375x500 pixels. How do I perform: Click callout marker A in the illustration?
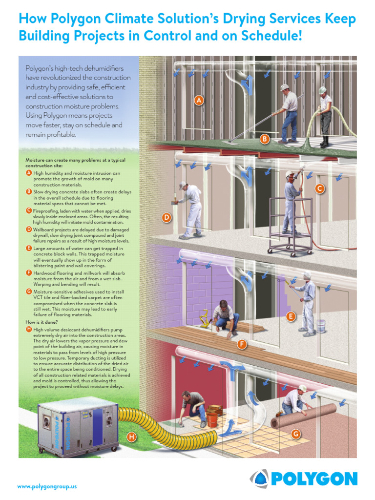pos(198,101)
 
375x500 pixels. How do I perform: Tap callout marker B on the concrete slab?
pos(264,139)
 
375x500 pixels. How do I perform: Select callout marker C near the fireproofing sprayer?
pos(319,188)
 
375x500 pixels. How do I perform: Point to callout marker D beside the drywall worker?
pos(167,218)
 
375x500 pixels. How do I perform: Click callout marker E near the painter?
pos(291,316)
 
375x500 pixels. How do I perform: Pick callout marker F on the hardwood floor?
pos(241,345)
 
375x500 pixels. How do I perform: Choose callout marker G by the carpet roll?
pos(295,434)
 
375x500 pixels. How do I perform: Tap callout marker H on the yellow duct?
pos(131,437)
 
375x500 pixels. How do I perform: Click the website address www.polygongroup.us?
pos(47,486)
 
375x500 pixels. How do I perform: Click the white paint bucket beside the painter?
pos(320,326)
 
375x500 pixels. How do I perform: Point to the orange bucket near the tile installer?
pos(211,419)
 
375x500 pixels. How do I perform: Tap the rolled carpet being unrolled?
pos(305,415)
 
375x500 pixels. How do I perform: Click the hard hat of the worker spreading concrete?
pos(285,87)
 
